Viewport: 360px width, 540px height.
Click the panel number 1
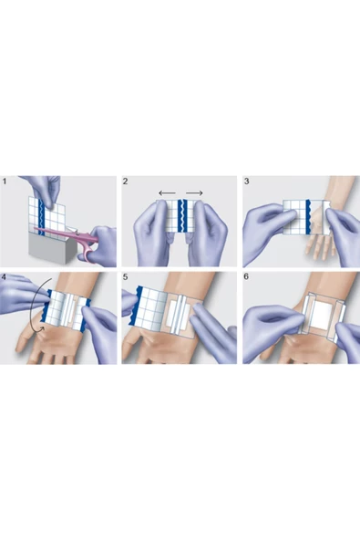point(5,182)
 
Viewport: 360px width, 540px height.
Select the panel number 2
point(125,182)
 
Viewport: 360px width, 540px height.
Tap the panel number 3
point(246,182)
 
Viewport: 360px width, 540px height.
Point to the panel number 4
point(5,277)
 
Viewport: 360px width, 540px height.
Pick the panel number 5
point(125,277)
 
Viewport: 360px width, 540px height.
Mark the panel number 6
point(246,277)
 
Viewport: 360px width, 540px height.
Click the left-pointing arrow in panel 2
point(168,193)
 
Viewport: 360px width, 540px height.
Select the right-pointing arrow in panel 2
point(194,193)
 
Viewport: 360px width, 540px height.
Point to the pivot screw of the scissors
point(78,234)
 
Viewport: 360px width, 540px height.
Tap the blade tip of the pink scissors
point(35,228)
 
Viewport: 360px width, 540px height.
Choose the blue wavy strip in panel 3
point(308,217)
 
